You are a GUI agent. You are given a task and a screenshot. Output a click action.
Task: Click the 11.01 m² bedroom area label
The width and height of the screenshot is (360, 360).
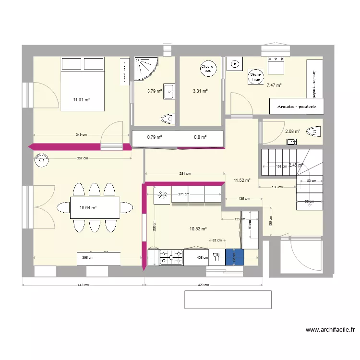[82, 100]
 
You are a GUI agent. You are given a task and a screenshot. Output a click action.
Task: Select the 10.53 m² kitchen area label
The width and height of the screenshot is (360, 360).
[198, 229]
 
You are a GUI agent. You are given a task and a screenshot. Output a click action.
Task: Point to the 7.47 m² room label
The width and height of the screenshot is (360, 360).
[274, 85]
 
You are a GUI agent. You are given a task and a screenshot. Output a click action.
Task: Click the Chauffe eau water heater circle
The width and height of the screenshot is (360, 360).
[207, 69]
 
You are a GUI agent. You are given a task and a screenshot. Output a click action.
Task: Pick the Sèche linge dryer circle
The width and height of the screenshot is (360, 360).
[255, 76]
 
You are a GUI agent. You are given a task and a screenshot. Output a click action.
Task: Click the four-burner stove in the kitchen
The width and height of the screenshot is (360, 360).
[171, 257]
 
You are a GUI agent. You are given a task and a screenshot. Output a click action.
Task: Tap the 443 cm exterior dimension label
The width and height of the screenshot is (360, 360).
[84, 285]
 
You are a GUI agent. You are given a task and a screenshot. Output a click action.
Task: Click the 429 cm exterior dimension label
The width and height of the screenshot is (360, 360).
[204, 285]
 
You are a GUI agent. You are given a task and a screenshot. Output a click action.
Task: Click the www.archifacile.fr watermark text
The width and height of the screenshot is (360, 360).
[330, 330]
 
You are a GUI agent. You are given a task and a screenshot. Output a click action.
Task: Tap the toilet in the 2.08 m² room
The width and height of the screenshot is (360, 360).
[312, 131]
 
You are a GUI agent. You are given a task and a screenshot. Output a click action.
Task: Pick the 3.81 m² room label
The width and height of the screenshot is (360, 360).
[200, 91]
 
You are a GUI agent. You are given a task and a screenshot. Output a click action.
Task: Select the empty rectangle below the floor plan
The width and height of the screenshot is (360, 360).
[228, 300]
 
